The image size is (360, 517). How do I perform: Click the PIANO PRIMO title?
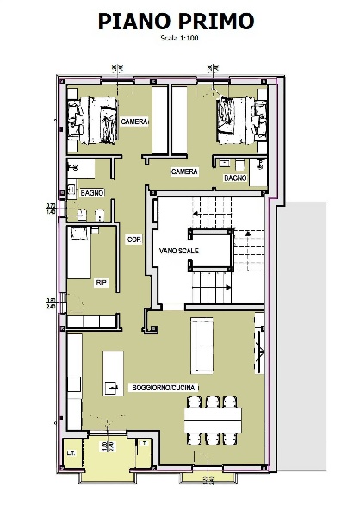point(177,22)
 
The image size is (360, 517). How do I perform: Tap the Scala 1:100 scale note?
point(177,39)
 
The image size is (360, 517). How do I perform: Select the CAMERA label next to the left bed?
point(135,121)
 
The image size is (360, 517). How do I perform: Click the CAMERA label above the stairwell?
point(184,171)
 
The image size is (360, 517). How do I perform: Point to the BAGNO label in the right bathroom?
point(235,178)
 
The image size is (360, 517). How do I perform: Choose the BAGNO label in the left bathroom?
point(92,193)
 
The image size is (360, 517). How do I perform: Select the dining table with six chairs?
point(213,420)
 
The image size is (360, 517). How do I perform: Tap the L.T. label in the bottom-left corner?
point(71,452)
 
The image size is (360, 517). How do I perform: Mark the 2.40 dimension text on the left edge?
point(51,305)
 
